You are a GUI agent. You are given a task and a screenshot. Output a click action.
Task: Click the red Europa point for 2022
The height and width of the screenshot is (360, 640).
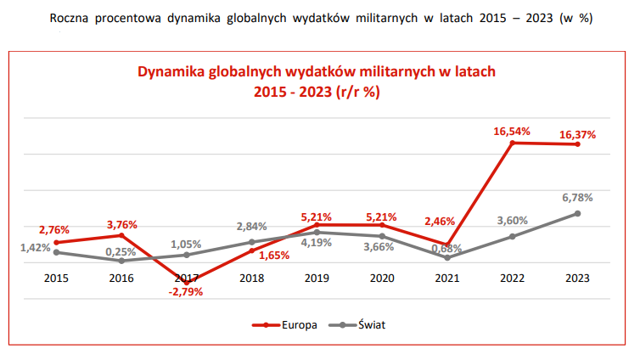(512, 143)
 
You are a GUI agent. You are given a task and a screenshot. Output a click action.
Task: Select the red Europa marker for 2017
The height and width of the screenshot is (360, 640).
(187, 282)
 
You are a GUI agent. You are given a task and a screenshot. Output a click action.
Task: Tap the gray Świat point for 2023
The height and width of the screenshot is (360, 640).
(577, 213)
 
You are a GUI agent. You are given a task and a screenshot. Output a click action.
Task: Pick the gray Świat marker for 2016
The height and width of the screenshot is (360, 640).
(121, 261)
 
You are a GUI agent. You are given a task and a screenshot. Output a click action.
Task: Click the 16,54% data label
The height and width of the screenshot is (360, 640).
(512, 131)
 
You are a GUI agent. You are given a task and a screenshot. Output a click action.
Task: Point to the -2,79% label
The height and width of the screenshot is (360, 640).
(187, 292)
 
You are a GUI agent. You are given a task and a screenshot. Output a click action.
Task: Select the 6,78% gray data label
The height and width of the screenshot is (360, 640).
(577, 198)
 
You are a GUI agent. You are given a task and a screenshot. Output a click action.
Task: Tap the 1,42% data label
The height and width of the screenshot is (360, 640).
(35, 247)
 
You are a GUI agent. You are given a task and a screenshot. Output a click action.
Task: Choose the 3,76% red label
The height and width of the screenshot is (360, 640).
(121, 224)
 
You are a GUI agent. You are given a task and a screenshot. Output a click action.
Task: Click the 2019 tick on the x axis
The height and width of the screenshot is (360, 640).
(317, 278)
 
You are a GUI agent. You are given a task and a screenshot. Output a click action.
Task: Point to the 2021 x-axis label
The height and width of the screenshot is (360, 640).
(447, 278)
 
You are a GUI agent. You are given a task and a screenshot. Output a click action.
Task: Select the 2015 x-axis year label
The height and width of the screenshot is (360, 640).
(56, 278)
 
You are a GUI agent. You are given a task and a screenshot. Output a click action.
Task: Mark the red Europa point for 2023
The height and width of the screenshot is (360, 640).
(577, 144)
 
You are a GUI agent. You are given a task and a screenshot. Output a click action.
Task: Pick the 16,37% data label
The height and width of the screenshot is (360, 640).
(577, 133)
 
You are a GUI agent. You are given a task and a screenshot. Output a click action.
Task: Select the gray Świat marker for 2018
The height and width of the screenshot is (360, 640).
(252, 242)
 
